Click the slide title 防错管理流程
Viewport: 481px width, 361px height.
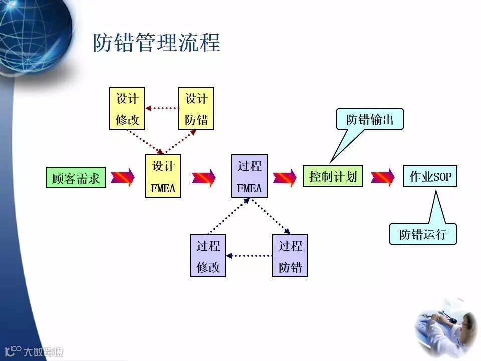[x=156, y=43]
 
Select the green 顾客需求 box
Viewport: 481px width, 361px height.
[x=76, y=177]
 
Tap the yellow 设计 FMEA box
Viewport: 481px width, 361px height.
[x=163, y=176]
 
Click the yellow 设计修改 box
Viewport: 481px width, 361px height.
[x=127, y=108]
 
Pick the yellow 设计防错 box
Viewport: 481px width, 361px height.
[x=196, y=108]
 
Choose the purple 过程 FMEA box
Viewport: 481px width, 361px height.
[x=250, y=176]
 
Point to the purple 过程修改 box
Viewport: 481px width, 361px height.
[x=208, y=256]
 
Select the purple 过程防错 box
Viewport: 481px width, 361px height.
[x=290, y=256]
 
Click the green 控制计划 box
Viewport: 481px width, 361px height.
[x=333, y=176]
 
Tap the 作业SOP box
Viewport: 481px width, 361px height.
[x=430, y=176]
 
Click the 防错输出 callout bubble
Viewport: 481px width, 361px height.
[x=370, y=119]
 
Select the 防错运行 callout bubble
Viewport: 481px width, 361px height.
[x=423, y=234]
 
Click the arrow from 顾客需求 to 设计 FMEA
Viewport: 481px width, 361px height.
[x=123, y=177]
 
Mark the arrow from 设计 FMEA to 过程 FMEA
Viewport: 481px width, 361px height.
[x=204, y=177]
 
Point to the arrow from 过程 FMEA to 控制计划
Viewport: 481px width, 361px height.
[x=285, y=177]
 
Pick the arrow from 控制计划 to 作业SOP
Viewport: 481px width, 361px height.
[x=383, y=177]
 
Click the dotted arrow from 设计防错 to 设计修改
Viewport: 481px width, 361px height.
[x=162, y=108]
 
